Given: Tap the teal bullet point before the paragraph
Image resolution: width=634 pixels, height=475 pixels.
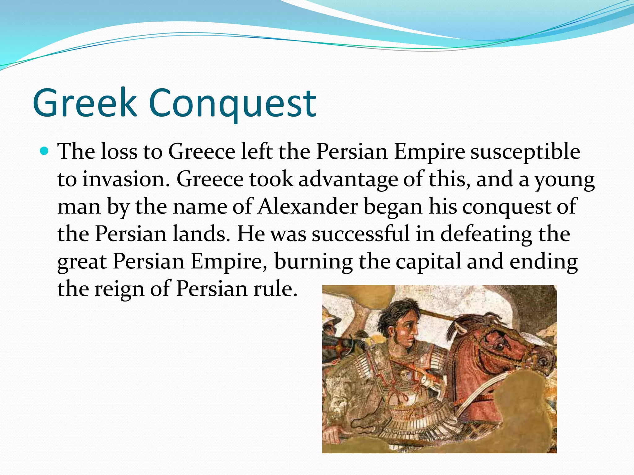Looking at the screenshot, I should [x=45, y=151].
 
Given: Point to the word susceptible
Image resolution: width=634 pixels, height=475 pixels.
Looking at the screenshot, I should [x=525, y=152].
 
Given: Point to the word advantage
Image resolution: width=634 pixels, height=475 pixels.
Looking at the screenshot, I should [x=348, y=179].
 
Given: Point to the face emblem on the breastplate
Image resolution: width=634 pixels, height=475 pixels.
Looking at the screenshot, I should [x=404, y=376].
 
